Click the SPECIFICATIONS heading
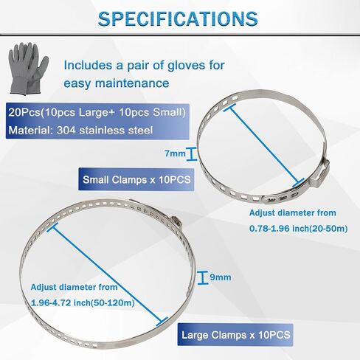(178, 19)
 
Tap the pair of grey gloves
(28, 69)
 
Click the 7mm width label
(175, 153)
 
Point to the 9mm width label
(221, 277)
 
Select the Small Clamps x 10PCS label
(136, 179)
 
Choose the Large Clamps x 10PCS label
(236, 335)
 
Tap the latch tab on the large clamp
(176, 222)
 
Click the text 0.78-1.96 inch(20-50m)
(298, 229)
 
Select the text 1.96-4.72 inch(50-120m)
(83, 302)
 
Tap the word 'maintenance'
(132, 83)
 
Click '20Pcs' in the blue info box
(24, 112)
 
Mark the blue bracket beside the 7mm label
(192, 154)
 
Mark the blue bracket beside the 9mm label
(203, 278)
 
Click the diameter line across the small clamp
(264, 145)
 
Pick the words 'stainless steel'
(116, 130)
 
